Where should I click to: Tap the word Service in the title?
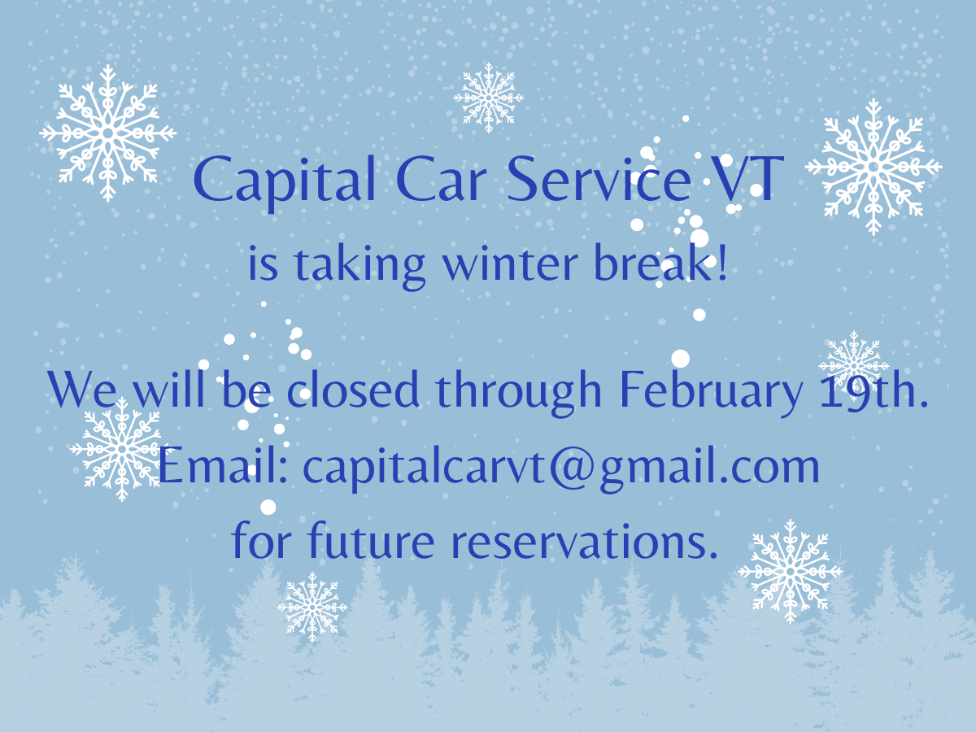pos(599,179)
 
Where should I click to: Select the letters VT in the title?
pos(746,179)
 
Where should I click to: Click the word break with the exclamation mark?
pos(660,262)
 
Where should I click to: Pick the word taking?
pos(359,267)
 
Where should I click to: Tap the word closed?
pos(353,389)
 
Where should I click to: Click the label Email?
pos(223,465)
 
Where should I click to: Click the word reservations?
pos(585,542)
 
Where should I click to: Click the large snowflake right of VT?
pos(874,167)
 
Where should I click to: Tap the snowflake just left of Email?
pos(121,450)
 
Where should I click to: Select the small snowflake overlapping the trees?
pos(312,607)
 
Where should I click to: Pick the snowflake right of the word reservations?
pos(790,571)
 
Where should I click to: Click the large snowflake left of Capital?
pos(107,133)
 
